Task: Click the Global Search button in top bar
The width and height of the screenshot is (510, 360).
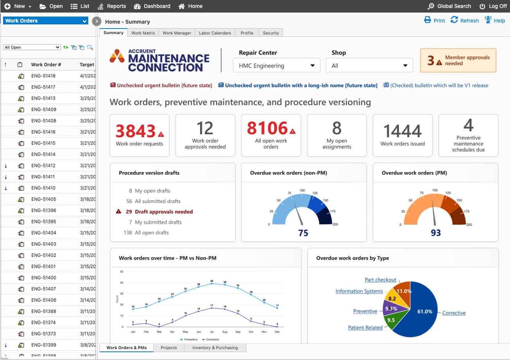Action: (x=449, y=6)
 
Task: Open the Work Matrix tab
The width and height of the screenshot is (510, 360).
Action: (x=143, y=33)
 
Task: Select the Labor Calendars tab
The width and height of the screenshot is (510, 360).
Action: (x=215, y=33)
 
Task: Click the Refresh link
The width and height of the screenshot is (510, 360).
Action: (x=465, y=21)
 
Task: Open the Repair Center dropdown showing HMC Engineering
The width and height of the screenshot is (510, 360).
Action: (x=276, y=66)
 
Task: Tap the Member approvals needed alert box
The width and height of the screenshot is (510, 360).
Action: (x=458, y=61)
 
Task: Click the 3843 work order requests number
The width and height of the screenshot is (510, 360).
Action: (x=136, y=131)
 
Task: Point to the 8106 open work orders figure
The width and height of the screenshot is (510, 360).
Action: (x=267, y=128)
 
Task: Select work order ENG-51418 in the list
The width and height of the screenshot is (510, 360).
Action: (x=43, y=76)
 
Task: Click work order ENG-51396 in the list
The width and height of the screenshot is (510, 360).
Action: (x=43, y=210)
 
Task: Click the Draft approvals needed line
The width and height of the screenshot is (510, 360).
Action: (x=164, y=212)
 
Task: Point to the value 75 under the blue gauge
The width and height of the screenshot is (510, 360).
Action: (x=303, y=233)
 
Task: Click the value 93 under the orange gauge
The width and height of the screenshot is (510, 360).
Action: (x=435, y=233)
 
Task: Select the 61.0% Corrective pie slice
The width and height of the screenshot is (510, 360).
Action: (x=424, y=312)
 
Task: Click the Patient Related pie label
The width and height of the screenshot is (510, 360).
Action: (x=365, y=328)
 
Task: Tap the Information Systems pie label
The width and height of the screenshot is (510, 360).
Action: (x=359, y=291)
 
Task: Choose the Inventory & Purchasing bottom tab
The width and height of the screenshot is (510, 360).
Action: (x=215, y=347)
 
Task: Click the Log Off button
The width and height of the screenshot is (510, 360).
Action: (x=493, y=6)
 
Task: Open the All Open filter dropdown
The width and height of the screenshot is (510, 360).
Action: (x=32, y=47)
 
